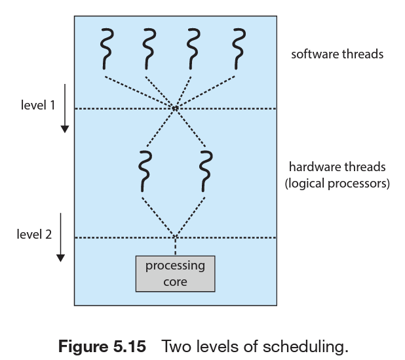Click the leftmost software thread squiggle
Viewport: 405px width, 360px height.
(x=106, y=49)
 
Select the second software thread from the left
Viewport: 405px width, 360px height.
(x=149, y=49)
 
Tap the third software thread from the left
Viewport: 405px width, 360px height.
(x=193, y=49)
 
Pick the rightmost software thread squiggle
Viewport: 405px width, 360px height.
(x=239, y=49)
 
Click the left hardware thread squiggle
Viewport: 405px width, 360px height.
(x=145, y=172)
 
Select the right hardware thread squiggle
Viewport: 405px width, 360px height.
(x=206, y=172)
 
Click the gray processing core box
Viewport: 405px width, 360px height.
(x=176, y=274)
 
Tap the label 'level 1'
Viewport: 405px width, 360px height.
(x=38, y=105)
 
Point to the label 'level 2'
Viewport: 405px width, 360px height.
(x=34, y=234)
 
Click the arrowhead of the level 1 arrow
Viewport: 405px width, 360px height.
(x=65, y=129)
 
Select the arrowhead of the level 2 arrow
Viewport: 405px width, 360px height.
(x=61, y=258)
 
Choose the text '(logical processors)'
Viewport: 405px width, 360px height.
(x=337, y=184)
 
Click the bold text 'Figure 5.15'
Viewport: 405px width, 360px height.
(x=102, y=346)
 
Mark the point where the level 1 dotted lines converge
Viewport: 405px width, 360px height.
(x=175, y=108)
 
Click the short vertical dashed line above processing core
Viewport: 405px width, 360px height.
(x=176, y=247)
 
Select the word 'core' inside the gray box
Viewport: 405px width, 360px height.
(x=175, y=282)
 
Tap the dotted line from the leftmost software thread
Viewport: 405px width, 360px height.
(x=139, y=92)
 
